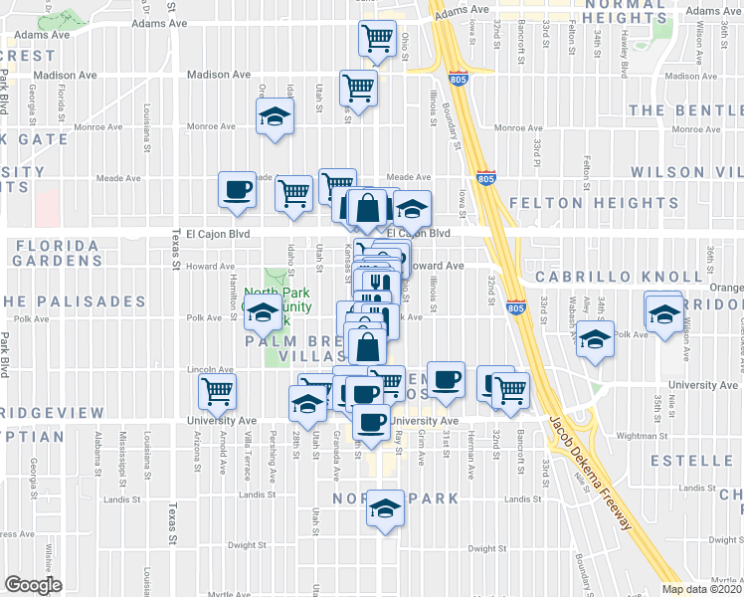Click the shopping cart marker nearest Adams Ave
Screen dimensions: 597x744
[x=378, y=39]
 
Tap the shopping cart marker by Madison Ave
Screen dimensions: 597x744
[x=357, y=87]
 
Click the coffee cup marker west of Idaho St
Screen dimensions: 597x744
[x=237, y=188]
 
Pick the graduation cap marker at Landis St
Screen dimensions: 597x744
[x=384, y=508]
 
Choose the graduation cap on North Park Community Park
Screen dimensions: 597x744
[x=263, y=311]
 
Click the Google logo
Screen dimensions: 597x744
[x=33, y=584]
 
